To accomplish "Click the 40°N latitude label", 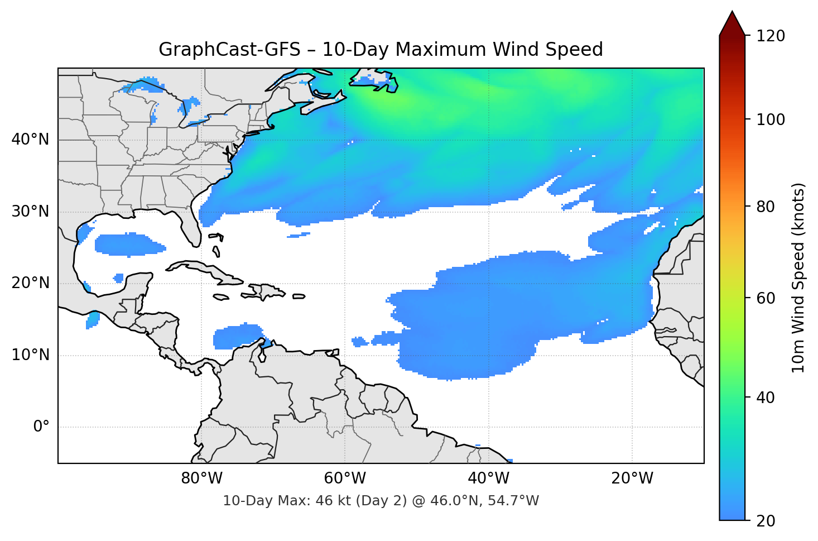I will pos(30,140).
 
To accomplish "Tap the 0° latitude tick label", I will pos(41,427).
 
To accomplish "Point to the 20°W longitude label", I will pos(632,478).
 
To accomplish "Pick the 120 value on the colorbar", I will pos(771,36).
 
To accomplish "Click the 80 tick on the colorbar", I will pos(766,207).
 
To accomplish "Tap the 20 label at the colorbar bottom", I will pos(766,521).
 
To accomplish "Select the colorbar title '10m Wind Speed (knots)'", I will pos(798,278).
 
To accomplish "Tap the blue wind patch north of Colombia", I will pos(237,337).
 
